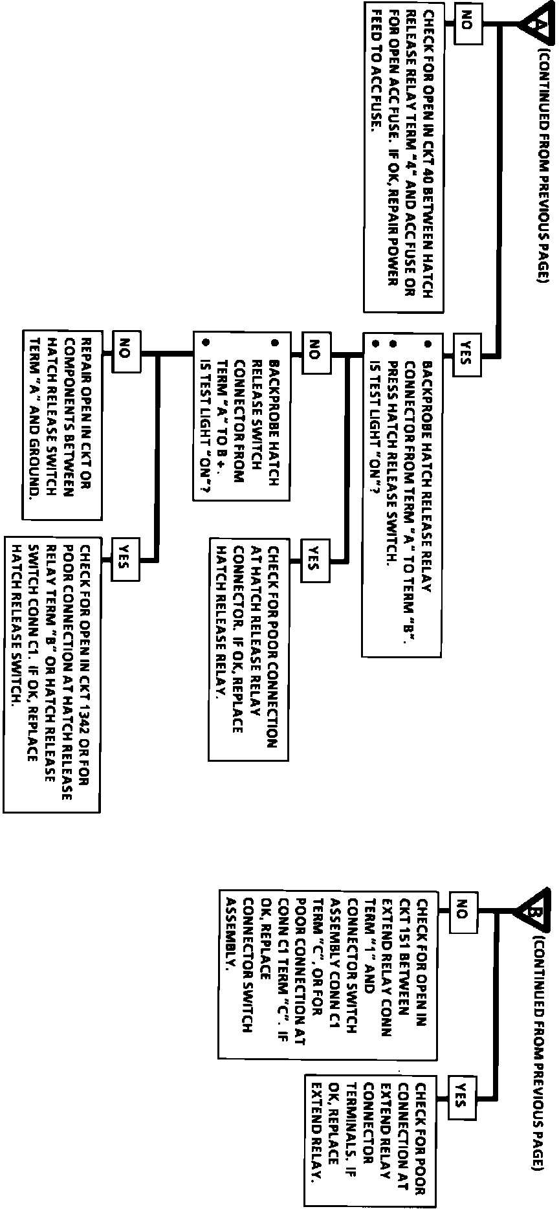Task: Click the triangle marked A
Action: [534, 25]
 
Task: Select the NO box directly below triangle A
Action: [467, 25]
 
